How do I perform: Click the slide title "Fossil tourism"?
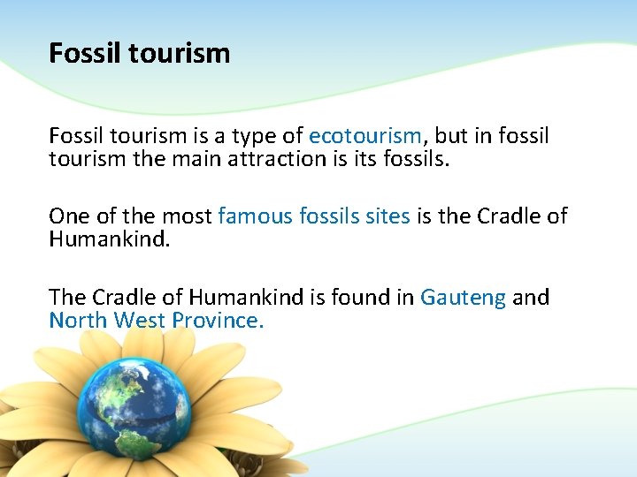(139, 54)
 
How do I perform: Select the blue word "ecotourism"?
(365, 136)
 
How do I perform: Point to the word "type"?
(257, 138)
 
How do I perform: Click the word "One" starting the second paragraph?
(69, 216)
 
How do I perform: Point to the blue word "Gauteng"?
(463, 298)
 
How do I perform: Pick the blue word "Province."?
(217, 320)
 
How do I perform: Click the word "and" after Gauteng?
(531, 297)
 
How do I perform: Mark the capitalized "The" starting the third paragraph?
(68, 297)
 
